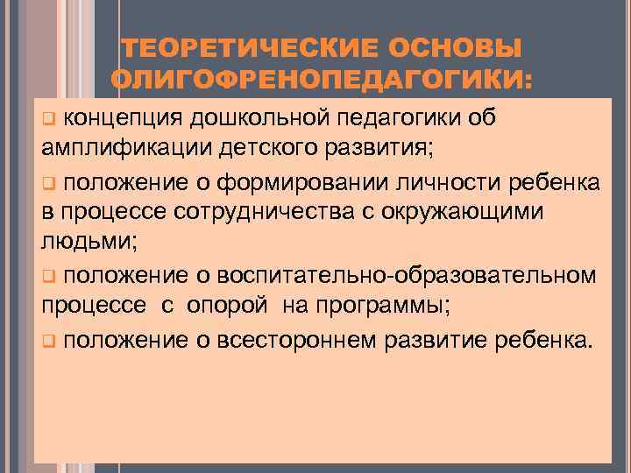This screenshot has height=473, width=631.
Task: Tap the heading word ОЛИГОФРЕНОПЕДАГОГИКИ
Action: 323,81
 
